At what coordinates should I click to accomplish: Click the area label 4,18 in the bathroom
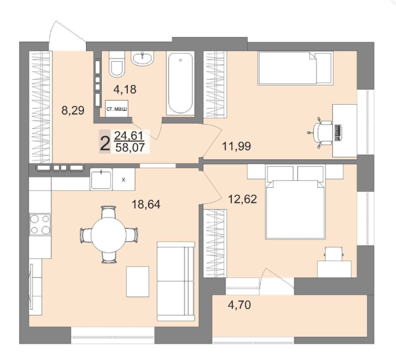pos(125,89)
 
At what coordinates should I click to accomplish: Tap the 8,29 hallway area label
pos(73,110)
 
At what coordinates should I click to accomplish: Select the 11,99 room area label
pos(236,146)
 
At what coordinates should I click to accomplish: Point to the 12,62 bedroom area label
pos(242,199)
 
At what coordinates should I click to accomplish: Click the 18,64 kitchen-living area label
pos(146,204)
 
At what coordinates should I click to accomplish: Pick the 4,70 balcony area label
pos(239,305)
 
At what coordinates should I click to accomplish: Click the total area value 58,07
pos(130,147)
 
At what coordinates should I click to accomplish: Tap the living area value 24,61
pos(129,136)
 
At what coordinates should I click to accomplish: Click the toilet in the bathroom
pos(117,64)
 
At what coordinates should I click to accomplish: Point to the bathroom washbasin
pos(142,58)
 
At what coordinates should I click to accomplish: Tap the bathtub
pos(180,83)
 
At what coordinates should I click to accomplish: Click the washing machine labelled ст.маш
pos(117,109)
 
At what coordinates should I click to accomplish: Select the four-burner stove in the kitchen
pos(40,224)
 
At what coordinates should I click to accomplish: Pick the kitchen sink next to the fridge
pos(101,180)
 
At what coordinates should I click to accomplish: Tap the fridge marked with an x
pos(124,180)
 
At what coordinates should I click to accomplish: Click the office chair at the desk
pos(321,133)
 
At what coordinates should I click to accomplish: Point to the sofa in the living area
pos(176,281)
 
